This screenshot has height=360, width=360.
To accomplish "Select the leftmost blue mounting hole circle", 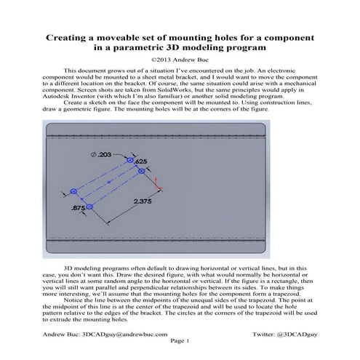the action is point(73,191).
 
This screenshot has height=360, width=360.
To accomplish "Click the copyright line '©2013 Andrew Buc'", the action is point(180,61).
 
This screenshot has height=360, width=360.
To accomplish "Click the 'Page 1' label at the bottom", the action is point(179,340).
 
